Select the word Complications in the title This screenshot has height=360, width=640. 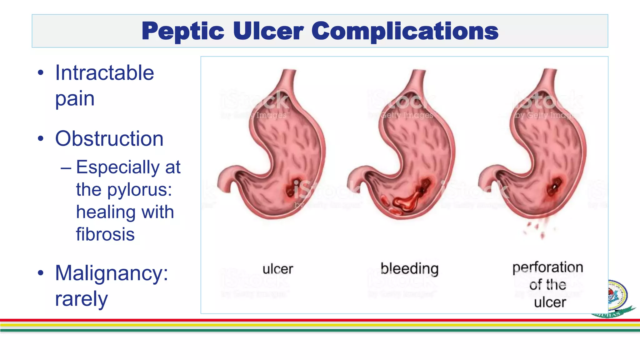coord(405,31)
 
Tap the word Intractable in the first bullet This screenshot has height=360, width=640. coord(105,73)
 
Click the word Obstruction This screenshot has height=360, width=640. coord(109,138)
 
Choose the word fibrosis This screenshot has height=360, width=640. coord(105,234)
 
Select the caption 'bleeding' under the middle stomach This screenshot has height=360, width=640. coord(409,269)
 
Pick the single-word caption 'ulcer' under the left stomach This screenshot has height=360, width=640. coord(278,269)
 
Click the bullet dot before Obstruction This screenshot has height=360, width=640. coord(41,138)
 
